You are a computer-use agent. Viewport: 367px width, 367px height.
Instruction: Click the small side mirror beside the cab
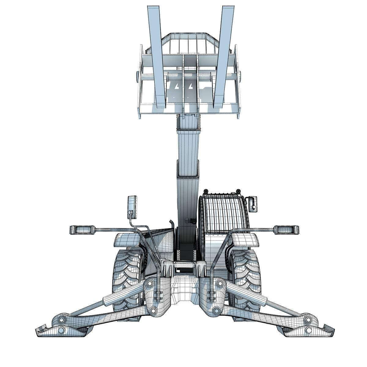point(253,203)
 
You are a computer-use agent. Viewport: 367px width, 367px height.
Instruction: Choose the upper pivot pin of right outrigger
point(219,284)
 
